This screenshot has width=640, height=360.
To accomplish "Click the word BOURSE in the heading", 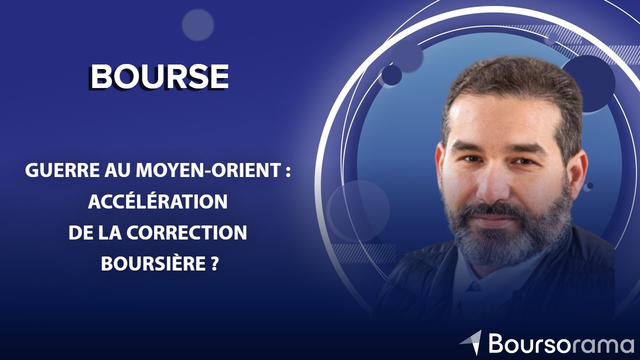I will tap(159, 76).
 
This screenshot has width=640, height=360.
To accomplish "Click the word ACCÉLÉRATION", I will tap(158, 201).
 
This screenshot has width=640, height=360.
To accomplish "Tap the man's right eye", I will tap(469, 159).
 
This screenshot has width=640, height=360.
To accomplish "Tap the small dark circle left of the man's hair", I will tap(391, 75).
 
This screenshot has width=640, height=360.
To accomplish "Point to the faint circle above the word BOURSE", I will tap(198, 24).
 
